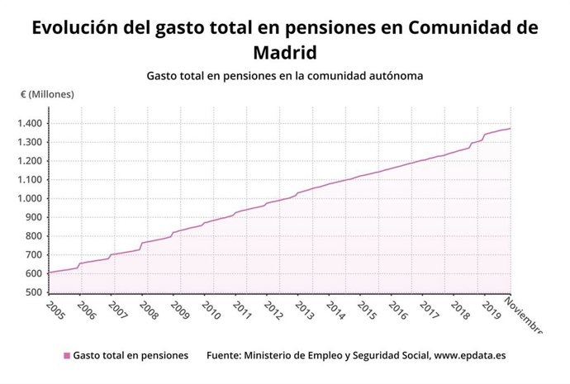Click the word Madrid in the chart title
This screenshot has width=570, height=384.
284,53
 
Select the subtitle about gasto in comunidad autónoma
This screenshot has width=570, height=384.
285,76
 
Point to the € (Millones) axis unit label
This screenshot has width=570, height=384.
47,94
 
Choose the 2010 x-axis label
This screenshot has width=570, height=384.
211,311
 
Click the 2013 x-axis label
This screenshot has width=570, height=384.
304,311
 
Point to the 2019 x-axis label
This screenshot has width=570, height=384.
491,311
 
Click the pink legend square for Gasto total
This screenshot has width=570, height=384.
67,356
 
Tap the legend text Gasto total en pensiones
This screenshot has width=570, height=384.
131,356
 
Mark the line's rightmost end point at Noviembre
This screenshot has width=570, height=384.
511,128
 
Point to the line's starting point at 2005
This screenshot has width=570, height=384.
48,273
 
